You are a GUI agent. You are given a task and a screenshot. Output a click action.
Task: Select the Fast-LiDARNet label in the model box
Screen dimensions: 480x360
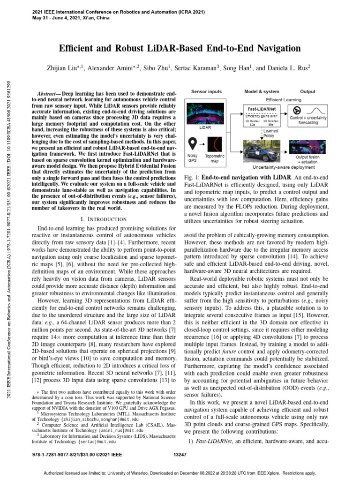260,108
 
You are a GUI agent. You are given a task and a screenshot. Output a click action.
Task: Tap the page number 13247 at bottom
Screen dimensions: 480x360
180,454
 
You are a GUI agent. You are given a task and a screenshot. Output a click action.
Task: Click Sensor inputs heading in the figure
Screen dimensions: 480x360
206,91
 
